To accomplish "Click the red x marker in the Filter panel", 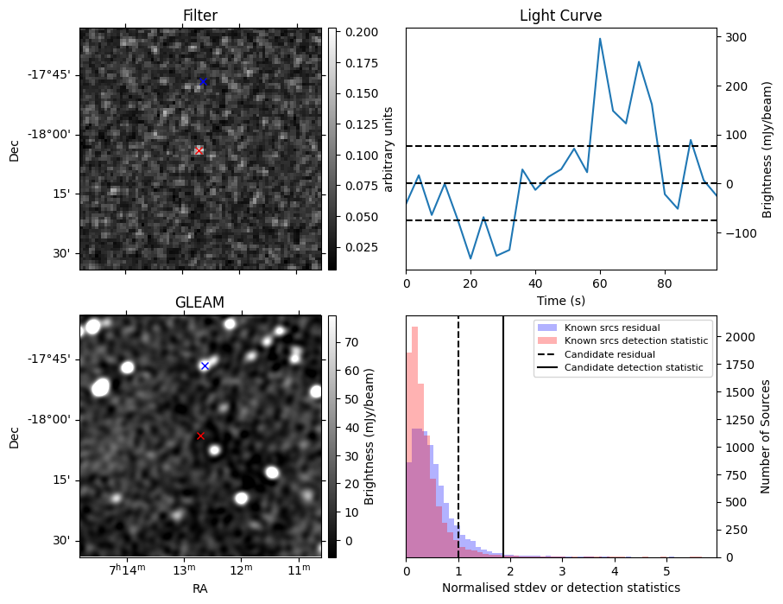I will pos(199,150).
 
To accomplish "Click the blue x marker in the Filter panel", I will pos(203,82).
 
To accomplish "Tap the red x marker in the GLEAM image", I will pos(200,436).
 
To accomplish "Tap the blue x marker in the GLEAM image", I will pos(205,366).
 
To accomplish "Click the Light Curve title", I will pos(560,16).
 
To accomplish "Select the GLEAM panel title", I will pos(200,302).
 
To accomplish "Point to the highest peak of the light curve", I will pos(600,38).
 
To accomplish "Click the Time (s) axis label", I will pos(560,299).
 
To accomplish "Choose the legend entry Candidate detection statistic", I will pos(633,368).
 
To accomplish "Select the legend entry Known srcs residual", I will pos(611,327).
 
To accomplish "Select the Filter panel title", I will pos(200,16).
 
